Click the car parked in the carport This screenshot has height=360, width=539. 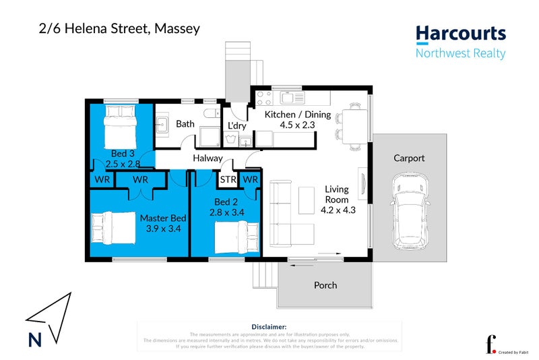[410, 210]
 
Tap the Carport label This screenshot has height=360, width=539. [409, 158]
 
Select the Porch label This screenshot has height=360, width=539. [325, 285]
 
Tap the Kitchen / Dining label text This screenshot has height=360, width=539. [297, 115]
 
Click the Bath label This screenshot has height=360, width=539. [185, 124]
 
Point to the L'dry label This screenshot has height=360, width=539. [236, 126]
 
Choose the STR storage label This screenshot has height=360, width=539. [228, 179]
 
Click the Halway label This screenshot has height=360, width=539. [208, 158]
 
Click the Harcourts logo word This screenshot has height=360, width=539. [460, 34]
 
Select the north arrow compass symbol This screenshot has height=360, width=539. [48, 320]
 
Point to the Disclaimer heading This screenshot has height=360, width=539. [269, 326]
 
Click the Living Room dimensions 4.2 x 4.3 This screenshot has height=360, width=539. [338, 210]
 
